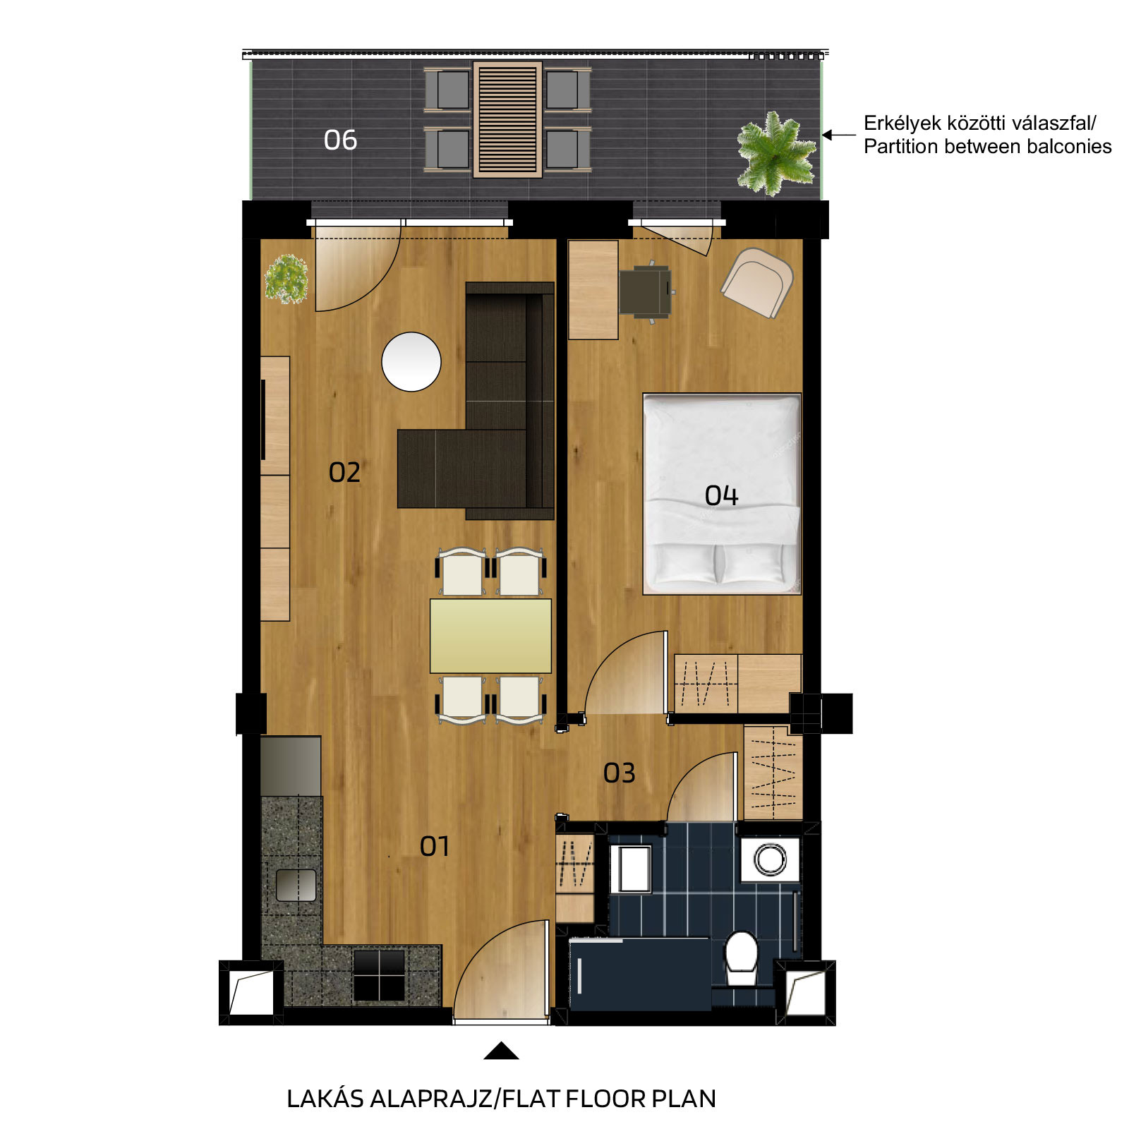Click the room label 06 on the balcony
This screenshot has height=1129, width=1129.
tap(340, 140)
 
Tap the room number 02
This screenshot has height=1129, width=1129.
tap(344, 472)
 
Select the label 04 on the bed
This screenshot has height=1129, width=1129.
tap(721, 495)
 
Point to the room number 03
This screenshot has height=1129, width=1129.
tap(620, 773)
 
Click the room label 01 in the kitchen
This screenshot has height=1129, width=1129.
tap(435, 846)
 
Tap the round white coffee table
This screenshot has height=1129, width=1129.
tap(411, 361)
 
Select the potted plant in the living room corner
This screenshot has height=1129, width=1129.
tap(286, 279)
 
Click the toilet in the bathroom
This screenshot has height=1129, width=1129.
tap(742, 958)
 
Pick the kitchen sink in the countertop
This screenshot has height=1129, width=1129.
tap(296, 886)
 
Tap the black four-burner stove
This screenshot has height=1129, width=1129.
tap(380, 975)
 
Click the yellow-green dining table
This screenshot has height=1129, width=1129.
tap(490, 636)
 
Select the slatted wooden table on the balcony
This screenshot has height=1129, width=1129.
tap(507, 119)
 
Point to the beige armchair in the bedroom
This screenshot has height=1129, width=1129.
tap(757, 282)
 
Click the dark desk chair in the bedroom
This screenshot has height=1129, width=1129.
tap(646, 292)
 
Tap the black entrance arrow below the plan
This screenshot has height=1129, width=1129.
tap(501, 1051)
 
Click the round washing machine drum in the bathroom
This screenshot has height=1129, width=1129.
tap(770, 859)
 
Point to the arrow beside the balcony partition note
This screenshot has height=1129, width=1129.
tap(839, 135)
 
